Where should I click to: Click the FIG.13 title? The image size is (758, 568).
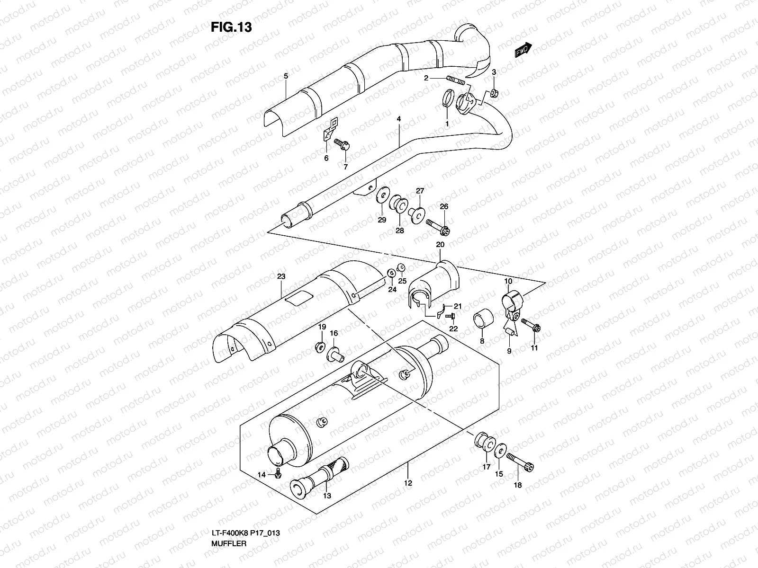(231, 27)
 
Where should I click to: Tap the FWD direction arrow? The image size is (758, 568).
(523, 49)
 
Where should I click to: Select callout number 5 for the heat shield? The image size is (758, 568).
(286, 76)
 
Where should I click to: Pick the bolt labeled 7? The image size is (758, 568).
(342, 144)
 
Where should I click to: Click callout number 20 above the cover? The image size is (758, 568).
(440, 245)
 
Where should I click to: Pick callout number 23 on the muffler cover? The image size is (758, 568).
(281, 276)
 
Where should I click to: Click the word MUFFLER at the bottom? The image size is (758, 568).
(229, 543)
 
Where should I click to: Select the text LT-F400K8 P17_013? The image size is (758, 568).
(245, 533)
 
